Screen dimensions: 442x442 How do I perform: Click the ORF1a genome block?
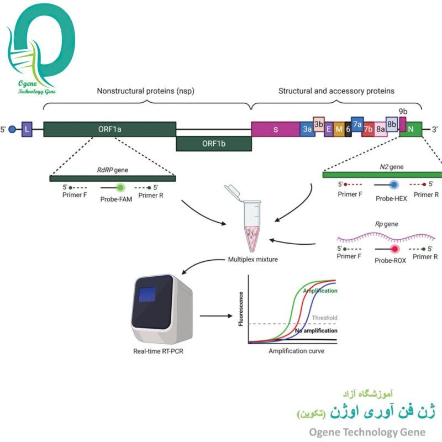(x=109, y=129)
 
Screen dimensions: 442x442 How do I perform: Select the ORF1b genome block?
(x=213, y=144)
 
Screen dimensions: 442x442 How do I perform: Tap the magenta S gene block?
(x=275, y=129)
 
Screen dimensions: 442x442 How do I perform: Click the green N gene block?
(x=411, y=129)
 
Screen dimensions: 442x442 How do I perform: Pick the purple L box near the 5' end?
(x=27, y=129)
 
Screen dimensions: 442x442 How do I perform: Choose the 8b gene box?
(x=391, y=124)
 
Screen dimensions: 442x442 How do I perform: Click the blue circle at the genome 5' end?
(x=12, y=129)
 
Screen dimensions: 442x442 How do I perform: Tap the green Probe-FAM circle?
(x=121, y=188)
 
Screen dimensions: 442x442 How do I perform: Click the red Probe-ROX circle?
(x=395, y=249)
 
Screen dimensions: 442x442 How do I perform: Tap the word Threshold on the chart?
(x=324, y=318)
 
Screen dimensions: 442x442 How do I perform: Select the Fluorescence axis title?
(x=241, y=308)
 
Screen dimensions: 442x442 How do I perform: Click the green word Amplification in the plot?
(x=320, y=291)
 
